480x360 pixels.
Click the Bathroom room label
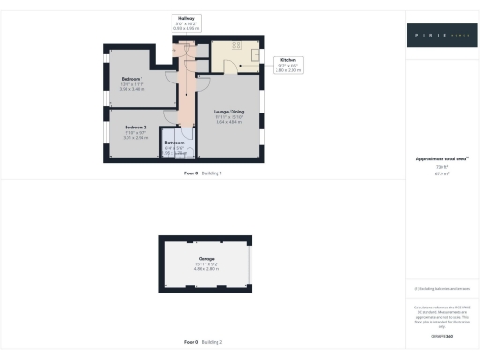(174, 142)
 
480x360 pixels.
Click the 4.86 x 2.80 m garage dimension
(206, 268)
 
